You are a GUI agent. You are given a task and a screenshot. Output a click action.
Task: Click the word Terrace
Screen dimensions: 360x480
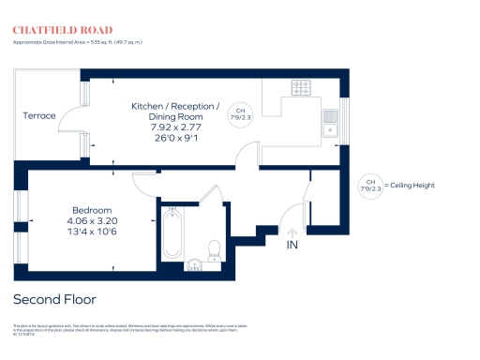pos(39,115)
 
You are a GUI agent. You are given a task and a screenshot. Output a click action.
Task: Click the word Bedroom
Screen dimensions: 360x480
pos(92,209)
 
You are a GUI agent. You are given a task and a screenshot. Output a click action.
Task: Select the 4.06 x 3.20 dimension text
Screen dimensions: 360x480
pos(92,220)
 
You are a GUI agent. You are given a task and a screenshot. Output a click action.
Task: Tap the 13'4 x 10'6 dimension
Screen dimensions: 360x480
pos(92,232)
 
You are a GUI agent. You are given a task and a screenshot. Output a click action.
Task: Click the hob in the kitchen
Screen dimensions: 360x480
pos(303,88)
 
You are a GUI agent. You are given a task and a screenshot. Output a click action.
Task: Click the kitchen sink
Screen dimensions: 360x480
pos(330,122)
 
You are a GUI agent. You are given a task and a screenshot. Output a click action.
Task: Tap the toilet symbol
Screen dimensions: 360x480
pos(214,249)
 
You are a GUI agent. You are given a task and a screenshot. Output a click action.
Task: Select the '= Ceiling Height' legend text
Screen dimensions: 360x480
pos(411,186)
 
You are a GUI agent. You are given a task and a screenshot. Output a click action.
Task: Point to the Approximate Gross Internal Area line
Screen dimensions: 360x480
pos(77,43)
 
